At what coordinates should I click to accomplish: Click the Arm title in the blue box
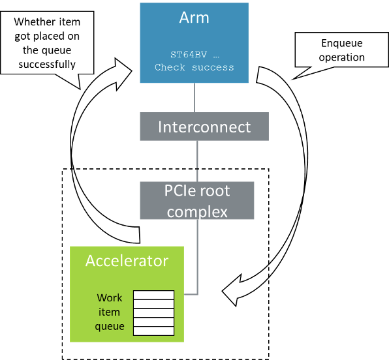point(194,18)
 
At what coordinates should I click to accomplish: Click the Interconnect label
point(204,127)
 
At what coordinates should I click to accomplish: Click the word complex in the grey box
point(197,211)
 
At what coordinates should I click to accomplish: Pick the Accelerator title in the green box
point(127,261)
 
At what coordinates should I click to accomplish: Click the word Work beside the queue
point(110,298)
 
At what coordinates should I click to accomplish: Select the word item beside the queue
point(110,312)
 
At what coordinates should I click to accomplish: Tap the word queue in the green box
point(110,326)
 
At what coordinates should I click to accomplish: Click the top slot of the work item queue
point(154,295)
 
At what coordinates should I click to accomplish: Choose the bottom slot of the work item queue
point(154,331)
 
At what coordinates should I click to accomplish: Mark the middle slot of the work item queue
point(154,313)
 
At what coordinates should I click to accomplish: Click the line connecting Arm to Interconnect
point(194,98)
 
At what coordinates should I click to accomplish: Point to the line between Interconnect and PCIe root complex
point(198,161)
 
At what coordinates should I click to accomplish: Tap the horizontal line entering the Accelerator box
point(191,295)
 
